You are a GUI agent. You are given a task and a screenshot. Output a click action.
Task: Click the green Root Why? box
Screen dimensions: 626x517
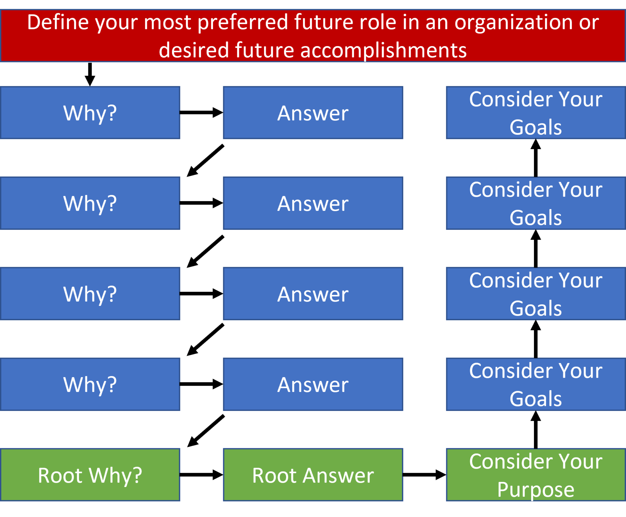(90, 475)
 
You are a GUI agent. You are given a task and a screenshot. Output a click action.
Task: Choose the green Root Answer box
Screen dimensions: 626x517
(313, 475)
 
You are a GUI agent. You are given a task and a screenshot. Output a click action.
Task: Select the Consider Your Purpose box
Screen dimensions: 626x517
(536, 475)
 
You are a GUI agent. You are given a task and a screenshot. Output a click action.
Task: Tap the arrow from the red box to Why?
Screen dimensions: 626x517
(90, 75)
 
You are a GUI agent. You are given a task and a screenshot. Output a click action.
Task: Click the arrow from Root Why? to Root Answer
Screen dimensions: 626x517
(201, 475)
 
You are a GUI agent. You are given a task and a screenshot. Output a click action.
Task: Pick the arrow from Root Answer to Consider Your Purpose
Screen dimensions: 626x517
(425, 475)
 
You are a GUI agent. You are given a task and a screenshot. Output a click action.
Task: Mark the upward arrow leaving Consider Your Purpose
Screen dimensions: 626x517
(536, 430)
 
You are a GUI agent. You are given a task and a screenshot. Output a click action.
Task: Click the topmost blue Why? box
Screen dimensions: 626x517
(90, 113)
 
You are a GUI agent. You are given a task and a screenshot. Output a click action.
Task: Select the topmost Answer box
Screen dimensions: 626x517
(313, 113)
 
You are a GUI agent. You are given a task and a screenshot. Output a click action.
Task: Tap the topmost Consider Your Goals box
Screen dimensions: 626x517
(536, 113)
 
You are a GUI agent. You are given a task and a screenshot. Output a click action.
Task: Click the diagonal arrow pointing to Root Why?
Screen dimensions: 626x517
(206, 431)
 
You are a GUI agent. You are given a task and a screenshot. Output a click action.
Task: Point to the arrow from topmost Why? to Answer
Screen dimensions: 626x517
(201, 112)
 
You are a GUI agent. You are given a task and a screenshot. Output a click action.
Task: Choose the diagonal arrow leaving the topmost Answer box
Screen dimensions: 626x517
(205, 160)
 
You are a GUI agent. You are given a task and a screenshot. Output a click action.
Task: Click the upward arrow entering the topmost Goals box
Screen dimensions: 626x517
(536, 158)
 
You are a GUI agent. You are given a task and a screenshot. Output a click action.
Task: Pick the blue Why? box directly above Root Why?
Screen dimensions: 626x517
(90, 384)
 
